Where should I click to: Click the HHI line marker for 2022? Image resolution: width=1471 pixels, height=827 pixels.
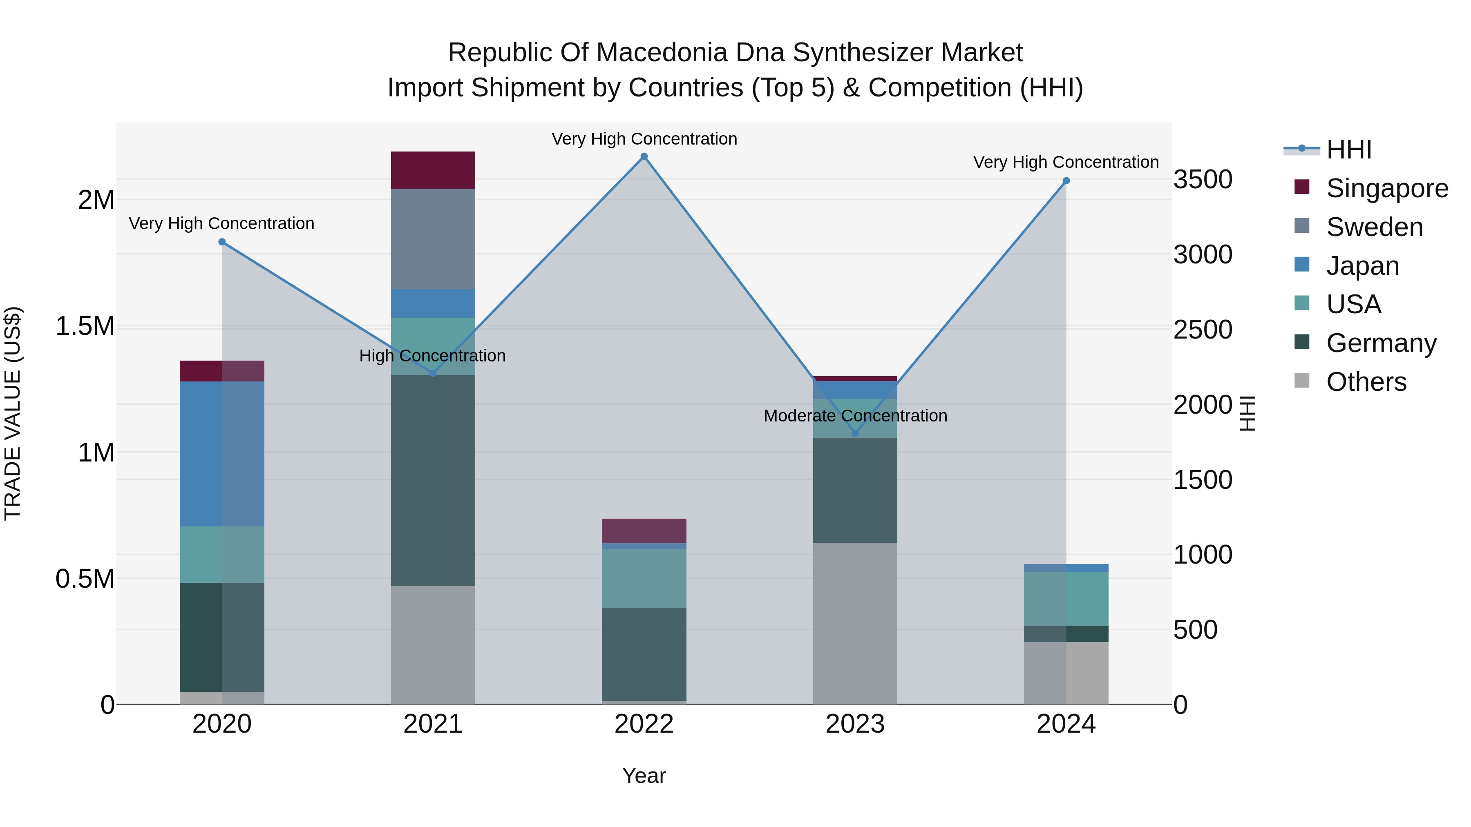point(644,156)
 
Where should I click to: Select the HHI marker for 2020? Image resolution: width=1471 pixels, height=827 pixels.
point(222,242)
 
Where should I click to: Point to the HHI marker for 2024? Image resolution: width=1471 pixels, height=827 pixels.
point(1066,181)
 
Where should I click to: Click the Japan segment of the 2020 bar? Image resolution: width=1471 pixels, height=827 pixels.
point(222,454)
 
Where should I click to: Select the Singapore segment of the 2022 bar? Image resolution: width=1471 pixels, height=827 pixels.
point(644,531)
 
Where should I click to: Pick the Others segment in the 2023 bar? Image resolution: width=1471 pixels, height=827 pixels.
point(855,623)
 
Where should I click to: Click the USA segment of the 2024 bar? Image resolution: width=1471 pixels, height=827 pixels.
point(1066,599)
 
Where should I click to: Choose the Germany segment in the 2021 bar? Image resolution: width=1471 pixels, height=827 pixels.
point(433,481)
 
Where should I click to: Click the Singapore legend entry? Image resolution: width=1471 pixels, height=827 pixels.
point(1386,188)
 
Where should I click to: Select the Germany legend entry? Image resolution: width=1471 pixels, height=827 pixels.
point(1381,343)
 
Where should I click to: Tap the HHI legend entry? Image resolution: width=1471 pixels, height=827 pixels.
point(1348,149)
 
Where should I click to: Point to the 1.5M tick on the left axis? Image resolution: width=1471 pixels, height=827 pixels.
point(85,326)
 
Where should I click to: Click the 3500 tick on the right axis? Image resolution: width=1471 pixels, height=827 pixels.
point(1203,179)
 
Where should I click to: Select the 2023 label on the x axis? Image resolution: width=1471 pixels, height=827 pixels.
point(855,724)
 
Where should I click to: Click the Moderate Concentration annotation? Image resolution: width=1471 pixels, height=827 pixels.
point(855,415)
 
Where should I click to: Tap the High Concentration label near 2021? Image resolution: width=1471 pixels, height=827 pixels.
point(432,356)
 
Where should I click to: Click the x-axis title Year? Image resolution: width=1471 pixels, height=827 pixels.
point(644,776)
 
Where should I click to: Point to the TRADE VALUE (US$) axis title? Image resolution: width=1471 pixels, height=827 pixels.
point(13,413)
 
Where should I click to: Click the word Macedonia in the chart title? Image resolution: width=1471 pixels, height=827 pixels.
point(663,53)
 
